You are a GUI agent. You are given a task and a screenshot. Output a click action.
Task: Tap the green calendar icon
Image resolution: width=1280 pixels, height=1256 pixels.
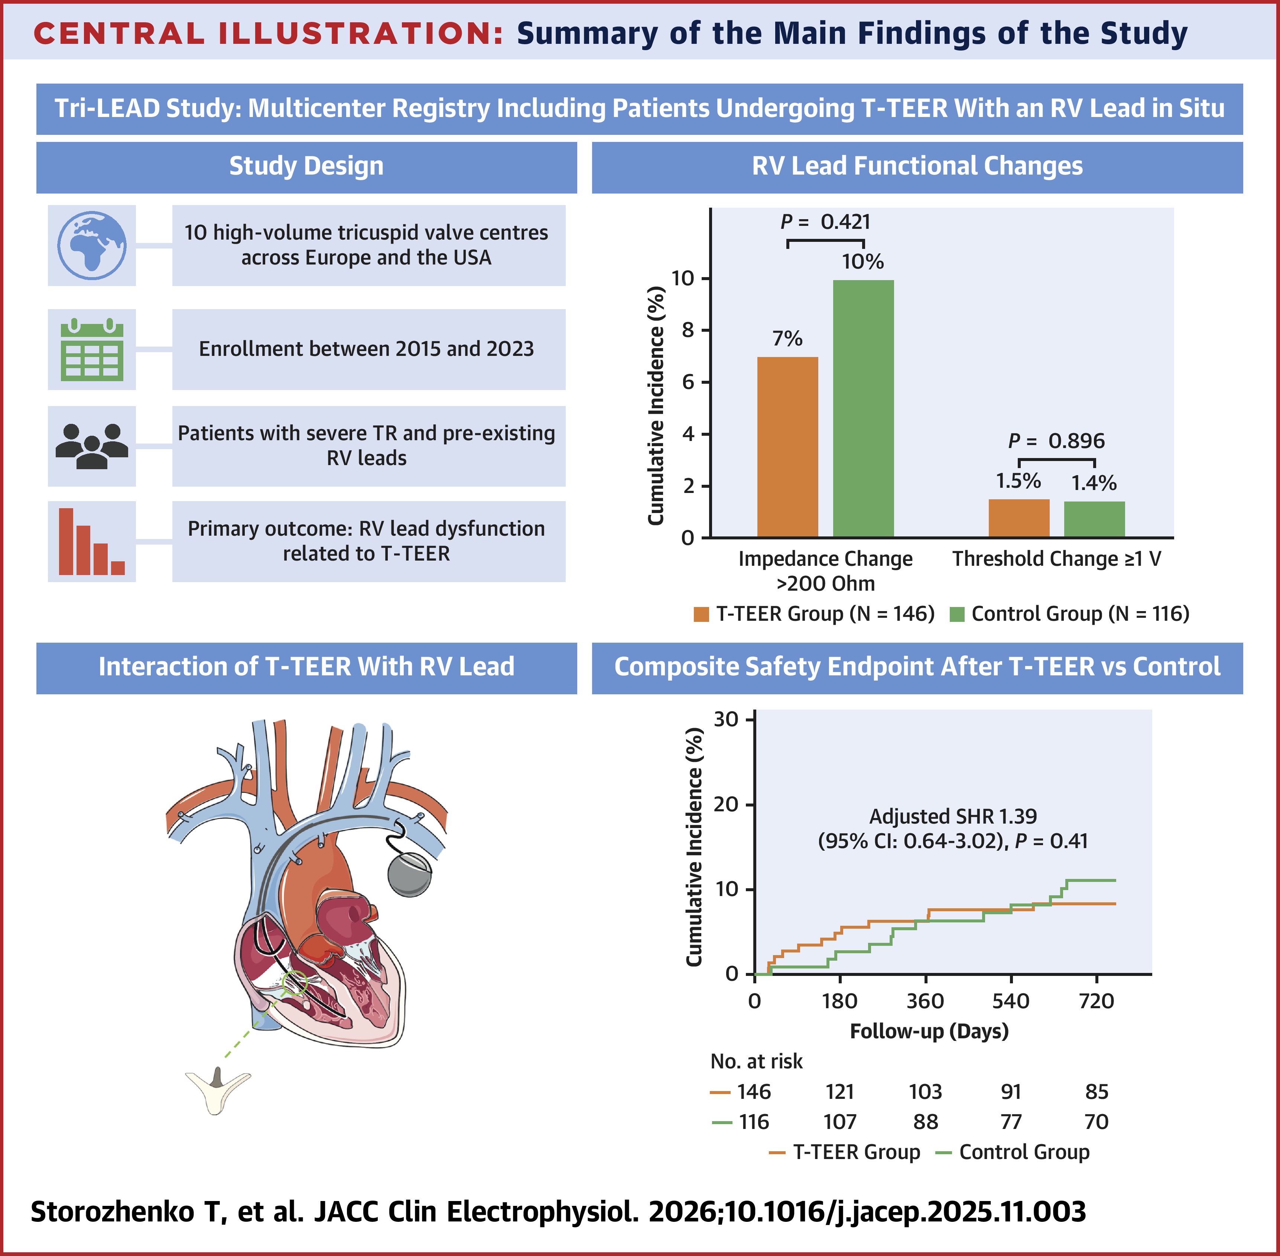pos(92,350)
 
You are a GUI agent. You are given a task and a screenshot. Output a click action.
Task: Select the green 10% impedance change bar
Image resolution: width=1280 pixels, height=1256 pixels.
pos(863,409)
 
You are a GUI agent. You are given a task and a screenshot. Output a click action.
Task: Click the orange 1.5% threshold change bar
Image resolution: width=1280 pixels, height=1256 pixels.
pos(1019,519)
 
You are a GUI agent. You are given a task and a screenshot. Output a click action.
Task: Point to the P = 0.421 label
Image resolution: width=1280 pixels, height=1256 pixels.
pos(826,222)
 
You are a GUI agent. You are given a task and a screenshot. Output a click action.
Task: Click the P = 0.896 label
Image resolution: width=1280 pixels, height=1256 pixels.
pos(1056,441)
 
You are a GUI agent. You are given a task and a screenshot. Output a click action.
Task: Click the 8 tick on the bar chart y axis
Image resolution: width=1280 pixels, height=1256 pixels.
pos(688,330)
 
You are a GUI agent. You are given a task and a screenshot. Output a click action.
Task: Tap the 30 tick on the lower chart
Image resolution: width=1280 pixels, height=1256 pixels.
pos(726,719)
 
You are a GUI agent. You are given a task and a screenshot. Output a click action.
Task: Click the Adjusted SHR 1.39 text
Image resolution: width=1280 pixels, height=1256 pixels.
pos(953,817)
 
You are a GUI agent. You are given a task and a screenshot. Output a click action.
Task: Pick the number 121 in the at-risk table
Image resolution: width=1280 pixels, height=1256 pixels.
pos(839,1092)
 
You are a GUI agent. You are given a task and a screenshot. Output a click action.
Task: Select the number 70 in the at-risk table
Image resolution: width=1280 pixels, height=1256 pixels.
pos(1096,1122)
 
